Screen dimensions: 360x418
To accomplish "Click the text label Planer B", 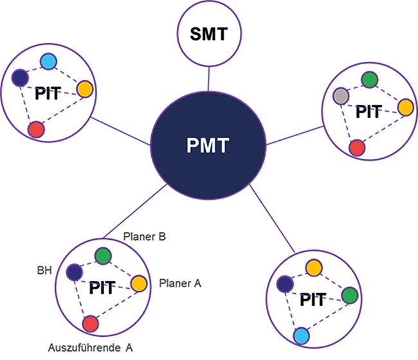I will tap(145, 237).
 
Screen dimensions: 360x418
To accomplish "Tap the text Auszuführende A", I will tap(91, 347).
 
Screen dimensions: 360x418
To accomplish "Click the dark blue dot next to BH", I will tap(74, 273).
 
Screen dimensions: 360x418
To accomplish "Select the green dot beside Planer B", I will tap(102, 256).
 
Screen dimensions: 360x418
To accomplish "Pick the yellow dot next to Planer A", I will tap(139, 283).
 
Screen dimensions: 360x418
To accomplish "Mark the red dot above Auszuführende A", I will tap(91, 323).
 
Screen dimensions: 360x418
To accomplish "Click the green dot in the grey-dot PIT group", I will tap(368, 80).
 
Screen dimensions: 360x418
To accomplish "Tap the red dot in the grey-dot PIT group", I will tap(356, 147).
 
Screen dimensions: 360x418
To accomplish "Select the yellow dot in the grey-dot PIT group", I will tap(404, 107).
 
